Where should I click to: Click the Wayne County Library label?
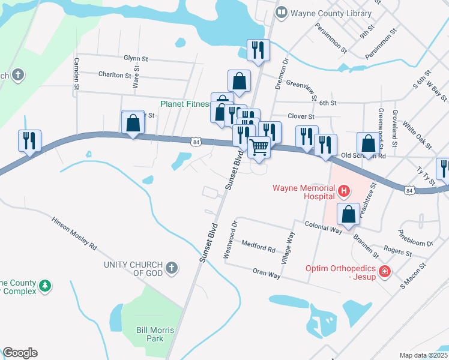coord(331,13)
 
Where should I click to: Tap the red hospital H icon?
coord(344,192)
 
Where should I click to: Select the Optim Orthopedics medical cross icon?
coord(385,272)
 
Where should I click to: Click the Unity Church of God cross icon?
coord(172,268)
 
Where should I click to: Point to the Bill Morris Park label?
coord(154,334)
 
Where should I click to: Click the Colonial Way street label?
coord(322,229)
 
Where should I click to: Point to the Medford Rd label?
coord(258,247)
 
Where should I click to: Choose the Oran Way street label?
coord(267,274)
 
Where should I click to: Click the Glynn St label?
coord(136,59)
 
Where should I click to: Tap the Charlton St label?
coord(115,75)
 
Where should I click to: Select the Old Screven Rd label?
coord(363,156)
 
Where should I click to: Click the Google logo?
coord(20,353)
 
